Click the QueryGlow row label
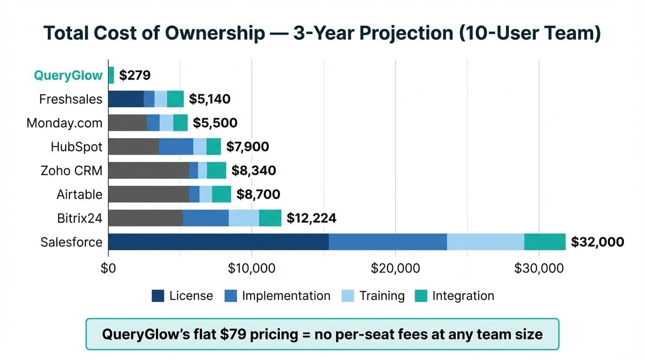click(68, 75)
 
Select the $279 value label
click(135, 75)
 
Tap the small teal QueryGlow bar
click(111, 75)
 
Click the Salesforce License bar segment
click(218, 242)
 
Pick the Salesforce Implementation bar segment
click(388, 242)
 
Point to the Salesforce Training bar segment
click(485, 242)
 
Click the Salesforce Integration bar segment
click(545, 242)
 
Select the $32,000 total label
click(598, 242)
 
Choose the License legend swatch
click(158, 296)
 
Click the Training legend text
click(382, 296)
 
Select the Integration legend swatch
click(421, 296)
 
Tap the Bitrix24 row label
click(79, 218)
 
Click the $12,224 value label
click(311, 218)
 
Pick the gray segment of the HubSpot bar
click(134, 147)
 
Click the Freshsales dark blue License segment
click(126, 99)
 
